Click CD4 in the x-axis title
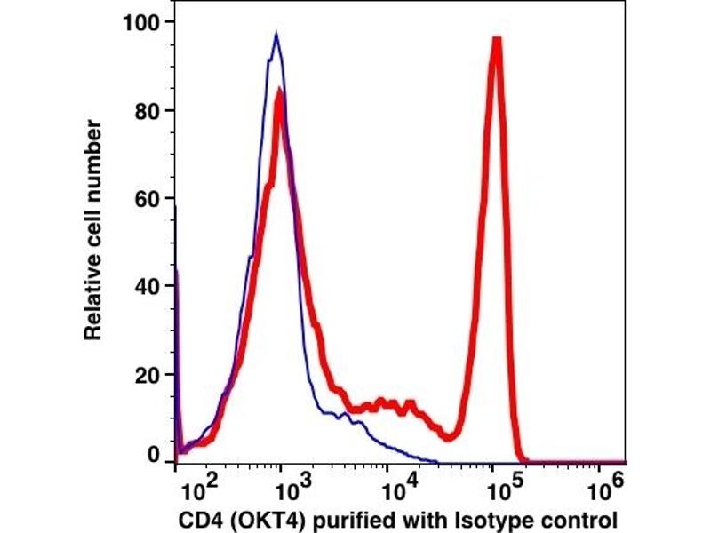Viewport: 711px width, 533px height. [195, 518]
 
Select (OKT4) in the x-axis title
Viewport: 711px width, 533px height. [256, 518]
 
